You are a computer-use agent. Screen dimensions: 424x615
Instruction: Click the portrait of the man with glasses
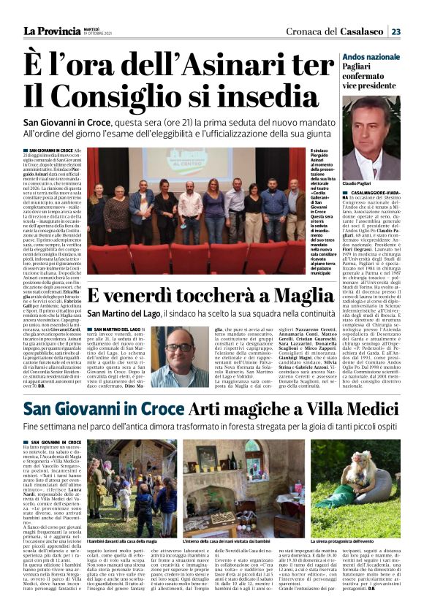pyautogui.click(x=180, y=356)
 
